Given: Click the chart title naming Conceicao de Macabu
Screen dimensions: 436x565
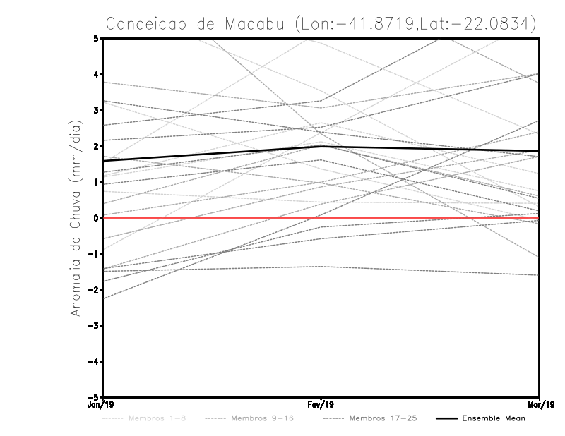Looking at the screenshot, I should pos(321,23).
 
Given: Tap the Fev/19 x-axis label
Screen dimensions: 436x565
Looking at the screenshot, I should pos(321,404).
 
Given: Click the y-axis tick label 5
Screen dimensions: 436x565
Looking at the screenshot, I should pos(95,38).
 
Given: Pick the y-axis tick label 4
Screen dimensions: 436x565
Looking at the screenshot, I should pos(95,74).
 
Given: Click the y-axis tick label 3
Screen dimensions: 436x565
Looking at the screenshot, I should pos(95,110).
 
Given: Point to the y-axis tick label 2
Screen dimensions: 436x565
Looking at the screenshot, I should pos(95,146).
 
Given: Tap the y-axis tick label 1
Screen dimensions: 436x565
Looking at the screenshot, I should pos(95,182).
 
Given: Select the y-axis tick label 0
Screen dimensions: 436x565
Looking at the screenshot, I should pos(95,218).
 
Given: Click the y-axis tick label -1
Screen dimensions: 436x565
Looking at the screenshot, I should pos(93,254).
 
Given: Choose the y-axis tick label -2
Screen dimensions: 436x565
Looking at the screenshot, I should pos(93,290).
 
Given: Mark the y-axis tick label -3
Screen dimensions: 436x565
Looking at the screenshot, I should pos(93,326).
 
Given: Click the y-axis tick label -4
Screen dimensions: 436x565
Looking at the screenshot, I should pos(93,362).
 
